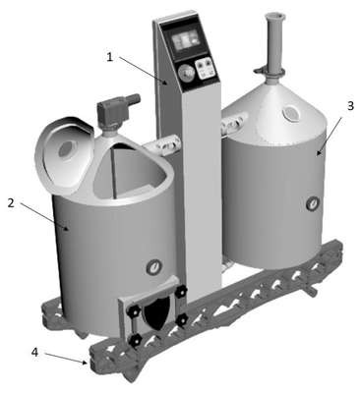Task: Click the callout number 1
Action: [109, 57]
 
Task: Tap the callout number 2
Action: [11, 203]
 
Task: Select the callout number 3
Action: [350, 106]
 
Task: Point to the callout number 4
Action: [35, 353]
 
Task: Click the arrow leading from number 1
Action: [144, 71]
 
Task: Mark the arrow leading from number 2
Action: [44, 216]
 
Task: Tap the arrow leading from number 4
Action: [66, 359]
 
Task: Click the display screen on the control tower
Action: [186, 40]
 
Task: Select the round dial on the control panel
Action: [186, 72]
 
